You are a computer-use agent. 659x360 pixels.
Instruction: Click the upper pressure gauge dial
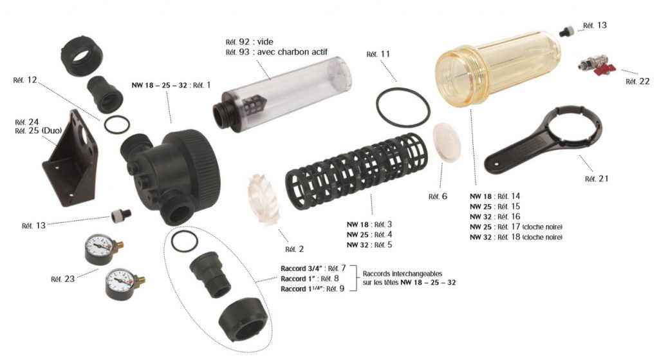click(x=99, y=248)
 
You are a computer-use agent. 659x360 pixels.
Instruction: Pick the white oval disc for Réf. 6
click(x=447, y=141)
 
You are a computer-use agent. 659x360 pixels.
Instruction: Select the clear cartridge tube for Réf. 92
click(x=282, y=93)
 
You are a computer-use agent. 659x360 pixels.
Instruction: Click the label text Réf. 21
click(x=597, y=179)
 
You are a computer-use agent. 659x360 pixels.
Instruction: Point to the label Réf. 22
click(x=638, y=82)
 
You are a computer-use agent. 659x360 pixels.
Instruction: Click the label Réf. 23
click(x=62, y=279)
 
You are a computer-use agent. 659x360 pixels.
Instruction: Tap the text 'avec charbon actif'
click(x=292, y=52)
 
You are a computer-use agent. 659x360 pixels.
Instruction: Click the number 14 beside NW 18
click(x=515, y=196)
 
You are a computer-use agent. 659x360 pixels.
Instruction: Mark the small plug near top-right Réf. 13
click(x=566, y=31)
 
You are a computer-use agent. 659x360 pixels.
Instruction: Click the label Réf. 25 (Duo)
click(x=38, y=131)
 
